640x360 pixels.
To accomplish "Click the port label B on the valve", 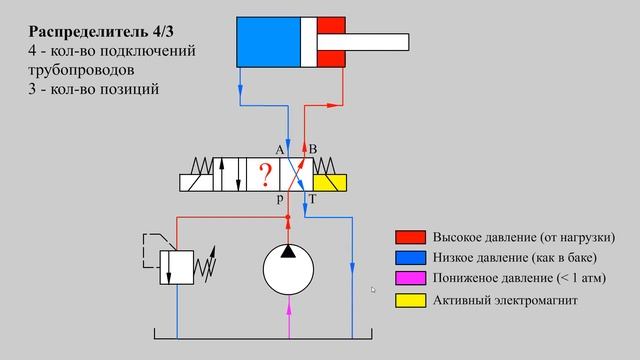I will [313, 149].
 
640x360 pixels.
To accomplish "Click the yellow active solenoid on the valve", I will [329, 181].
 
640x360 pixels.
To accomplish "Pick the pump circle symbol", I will [289, 270].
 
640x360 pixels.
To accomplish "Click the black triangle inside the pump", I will [289, 251].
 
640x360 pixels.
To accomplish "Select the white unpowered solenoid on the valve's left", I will [197, 181].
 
